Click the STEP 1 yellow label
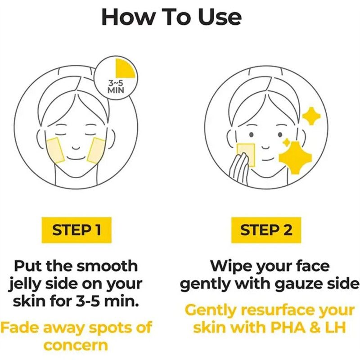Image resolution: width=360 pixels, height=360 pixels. coord(76,230)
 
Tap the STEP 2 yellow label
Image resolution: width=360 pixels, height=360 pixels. coord(266,230)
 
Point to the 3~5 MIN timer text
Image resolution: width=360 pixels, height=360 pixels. coord(116,86)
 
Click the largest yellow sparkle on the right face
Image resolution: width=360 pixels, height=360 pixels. coord(295,158)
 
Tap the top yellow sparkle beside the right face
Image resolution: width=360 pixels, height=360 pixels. coord(311,116)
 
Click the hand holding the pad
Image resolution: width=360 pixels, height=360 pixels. coord(239,167)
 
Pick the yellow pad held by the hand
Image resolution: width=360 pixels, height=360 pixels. coord(246,154)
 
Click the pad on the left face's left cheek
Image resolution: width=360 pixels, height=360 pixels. coord(55,150)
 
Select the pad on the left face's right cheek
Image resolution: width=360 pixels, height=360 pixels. coord(96,151)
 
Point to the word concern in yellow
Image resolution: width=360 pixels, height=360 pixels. coord(76,345)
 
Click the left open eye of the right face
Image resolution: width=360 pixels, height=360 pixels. coord(252,135)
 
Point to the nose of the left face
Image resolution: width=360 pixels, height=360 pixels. coord(76,147)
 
